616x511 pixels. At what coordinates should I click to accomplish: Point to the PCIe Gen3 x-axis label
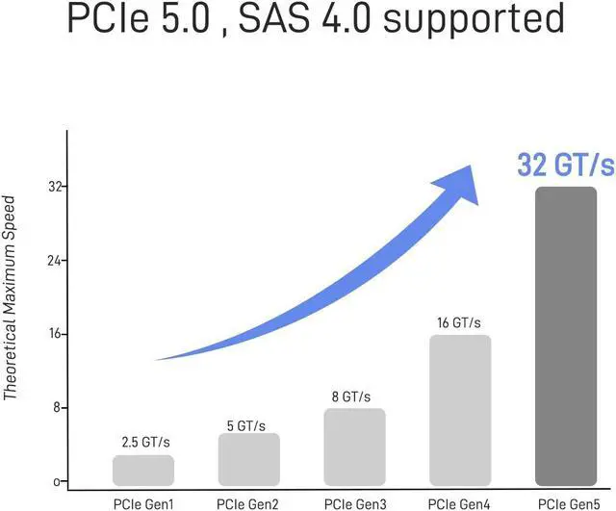coord(354,502)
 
